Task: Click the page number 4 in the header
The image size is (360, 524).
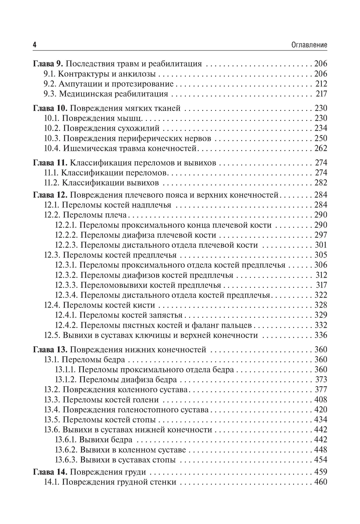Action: point(35,45)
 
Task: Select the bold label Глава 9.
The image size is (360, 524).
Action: point(48,64)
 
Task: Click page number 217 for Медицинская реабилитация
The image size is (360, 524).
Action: point(321,94)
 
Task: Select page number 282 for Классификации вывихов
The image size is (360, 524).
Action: point(321,183)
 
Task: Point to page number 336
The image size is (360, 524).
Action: point(320,335)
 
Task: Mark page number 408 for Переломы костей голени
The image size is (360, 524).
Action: point(320,400)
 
